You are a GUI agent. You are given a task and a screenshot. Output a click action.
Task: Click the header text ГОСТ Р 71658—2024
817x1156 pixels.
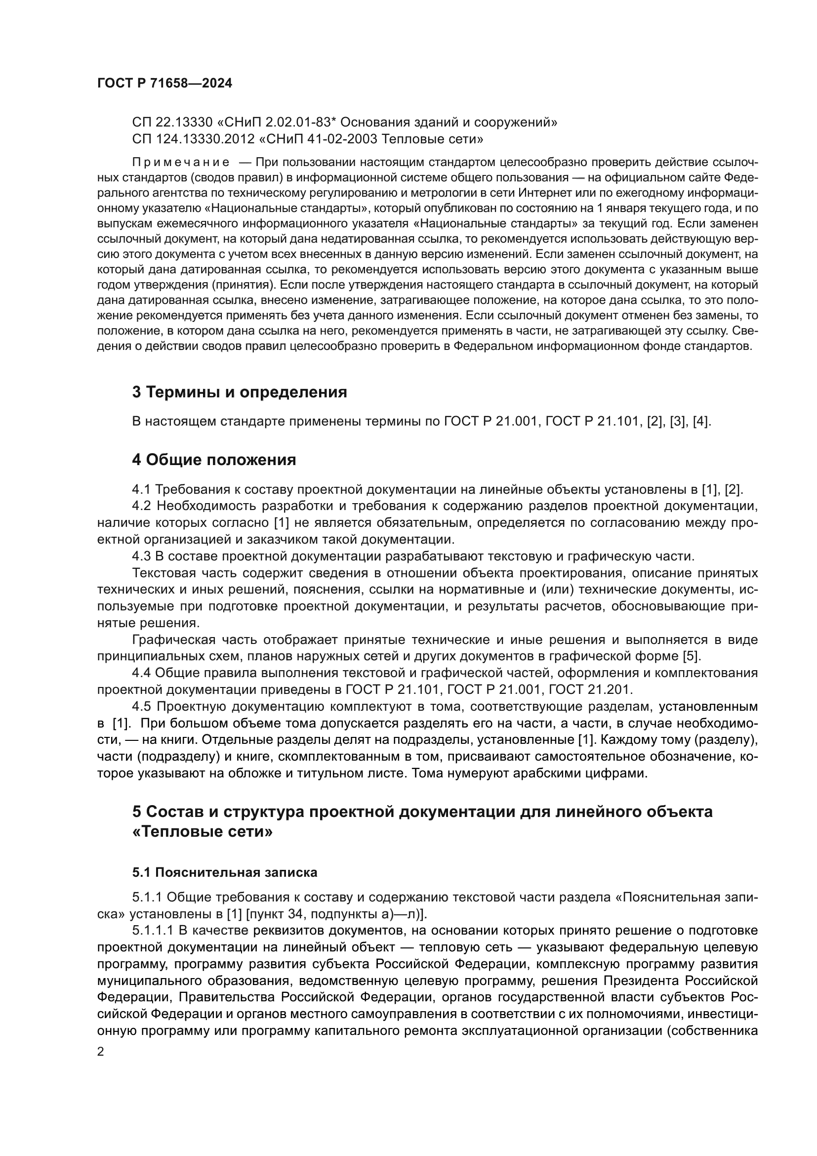(164, 84)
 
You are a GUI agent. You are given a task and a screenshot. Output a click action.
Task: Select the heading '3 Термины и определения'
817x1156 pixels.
(240, 392)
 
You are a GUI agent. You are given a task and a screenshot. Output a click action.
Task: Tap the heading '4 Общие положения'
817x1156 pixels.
(214, 460)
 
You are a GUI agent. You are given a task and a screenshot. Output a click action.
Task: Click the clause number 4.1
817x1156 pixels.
(142, 489)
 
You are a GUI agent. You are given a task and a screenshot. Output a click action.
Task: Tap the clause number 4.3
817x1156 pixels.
(142, 557)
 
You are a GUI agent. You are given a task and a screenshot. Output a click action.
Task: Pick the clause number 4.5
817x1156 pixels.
(142, 707)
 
